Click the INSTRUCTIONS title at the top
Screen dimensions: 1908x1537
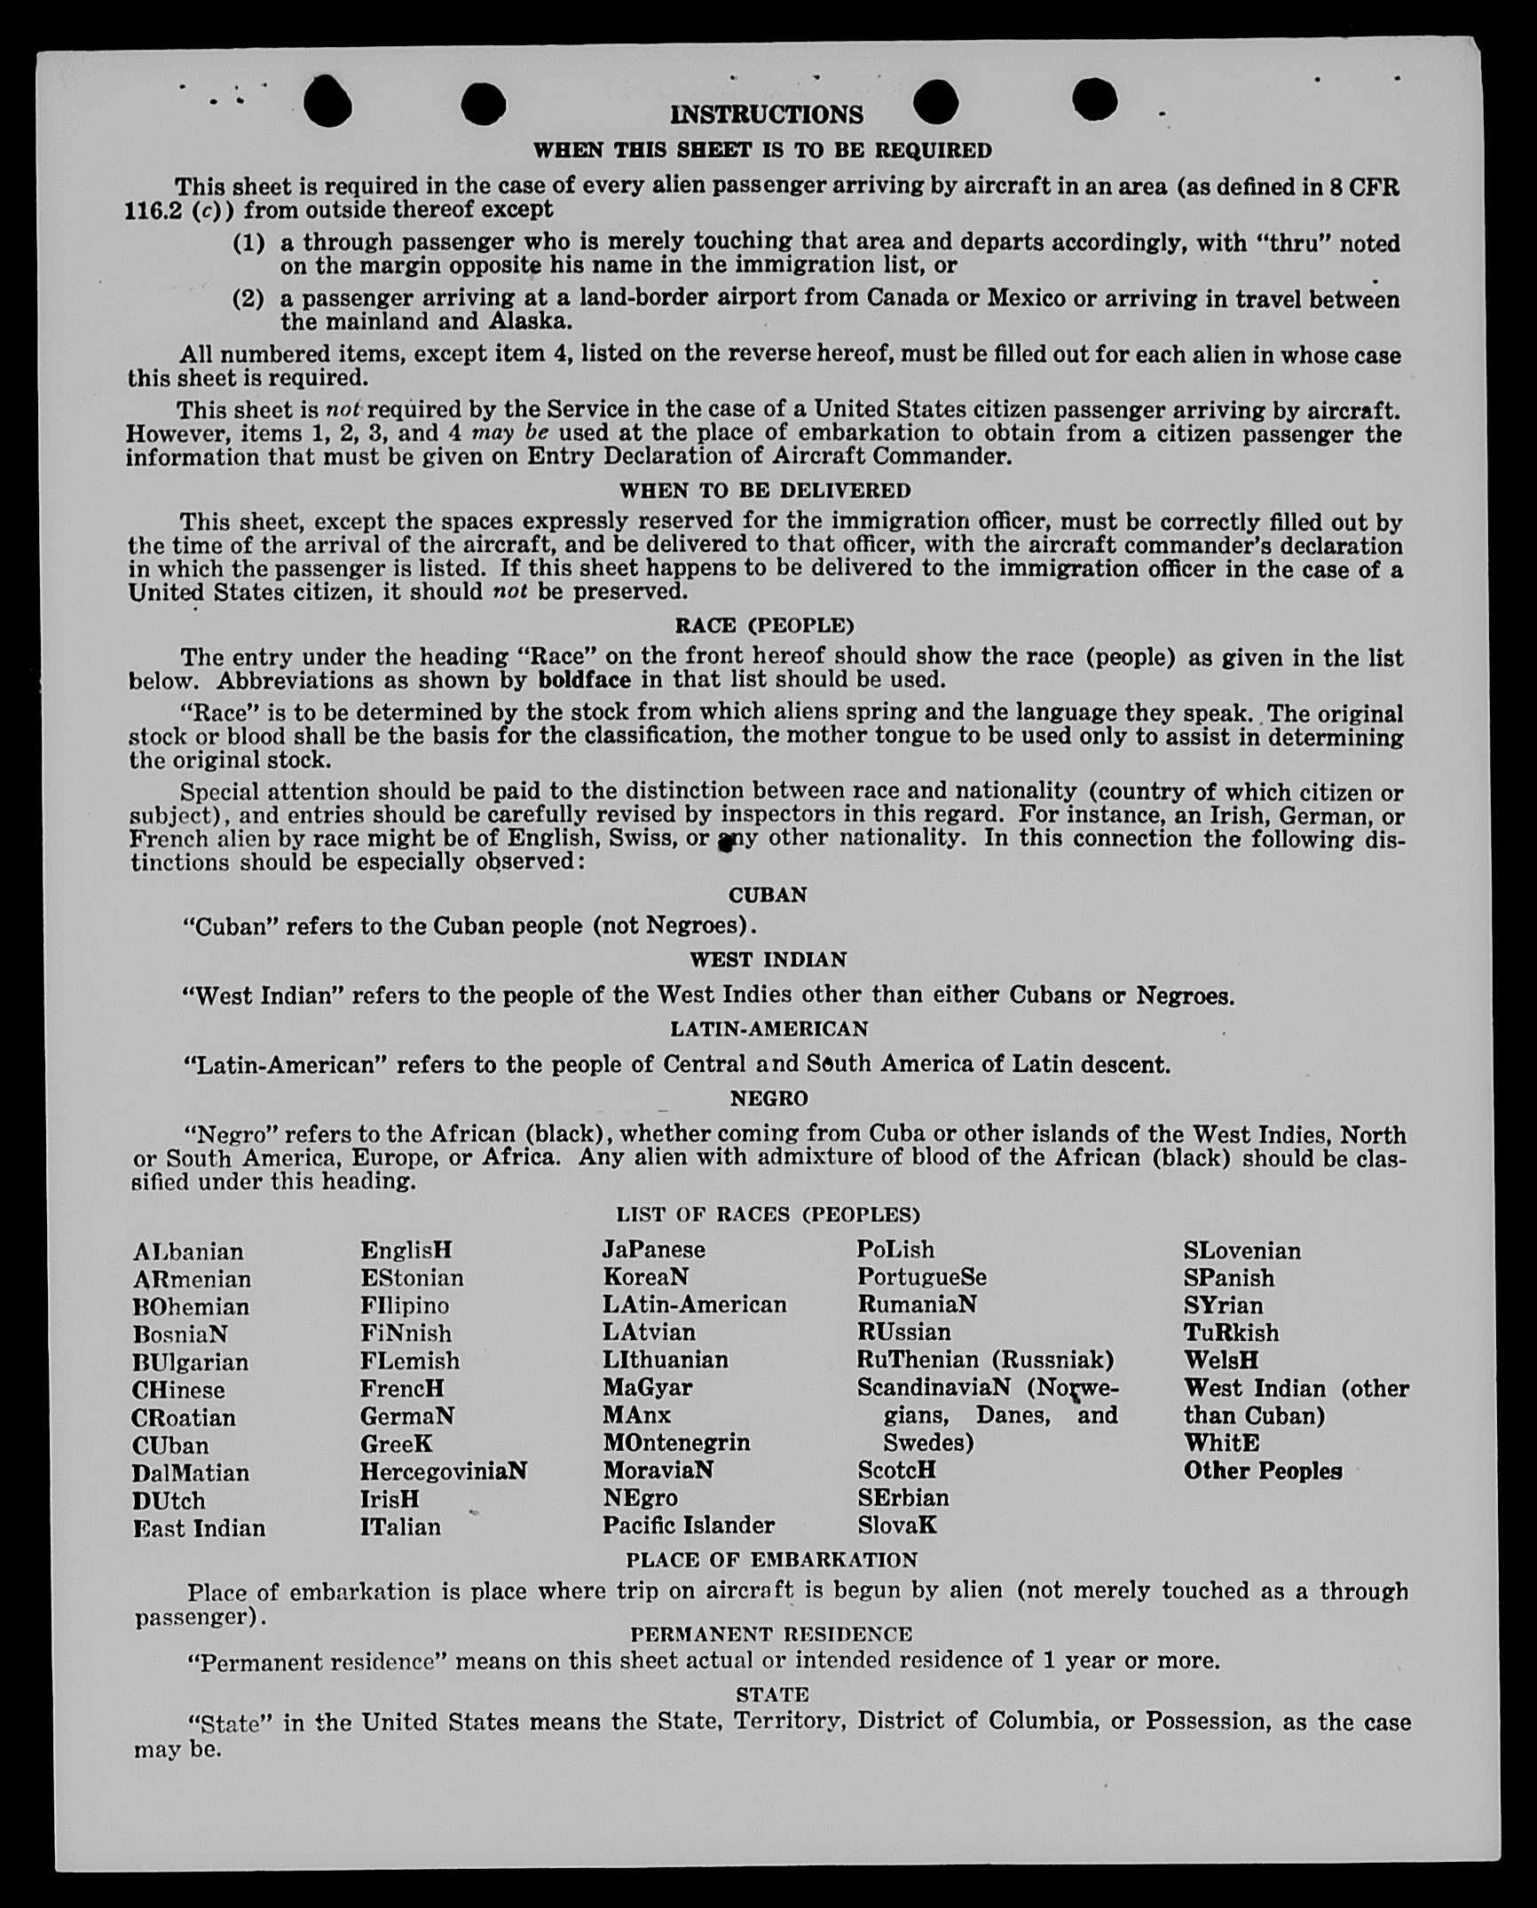(766, 114)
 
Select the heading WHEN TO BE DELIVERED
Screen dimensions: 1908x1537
(765, 491)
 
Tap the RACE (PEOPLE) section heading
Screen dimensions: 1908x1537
(764, 626)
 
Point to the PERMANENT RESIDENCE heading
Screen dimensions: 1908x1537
(771, 1634)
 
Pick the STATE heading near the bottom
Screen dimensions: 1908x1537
(772, 1694)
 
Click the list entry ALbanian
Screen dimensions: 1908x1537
(188, 1251)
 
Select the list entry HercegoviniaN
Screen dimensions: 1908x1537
(443, 1470)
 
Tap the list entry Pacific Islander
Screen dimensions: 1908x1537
(688, 1525)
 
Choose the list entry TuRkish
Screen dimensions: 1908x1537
(1231, 1333)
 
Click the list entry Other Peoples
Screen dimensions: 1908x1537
(1262, 1470)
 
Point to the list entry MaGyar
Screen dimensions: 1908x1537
(647, 1387)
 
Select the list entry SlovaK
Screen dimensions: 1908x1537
(896, 1526)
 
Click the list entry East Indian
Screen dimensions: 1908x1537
(199, 1528)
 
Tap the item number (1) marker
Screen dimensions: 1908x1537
(248, 242)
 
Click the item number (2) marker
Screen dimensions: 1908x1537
(248, 298)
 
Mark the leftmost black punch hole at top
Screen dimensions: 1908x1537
(327, 104)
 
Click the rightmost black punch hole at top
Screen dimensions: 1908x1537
(1094, 99)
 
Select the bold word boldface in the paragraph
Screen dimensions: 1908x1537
(584, 681)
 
